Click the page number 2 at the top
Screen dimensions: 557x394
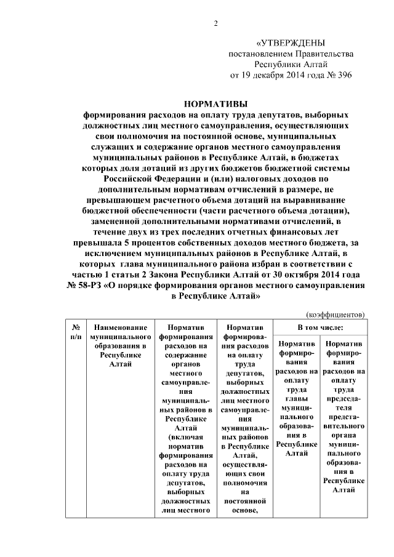(x=215, y=24)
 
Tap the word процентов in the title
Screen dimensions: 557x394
(x=142, y=244)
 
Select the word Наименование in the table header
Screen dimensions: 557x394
(x=120, y=328)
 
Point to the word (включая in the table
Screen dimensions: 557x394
(x=185, y=438)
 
